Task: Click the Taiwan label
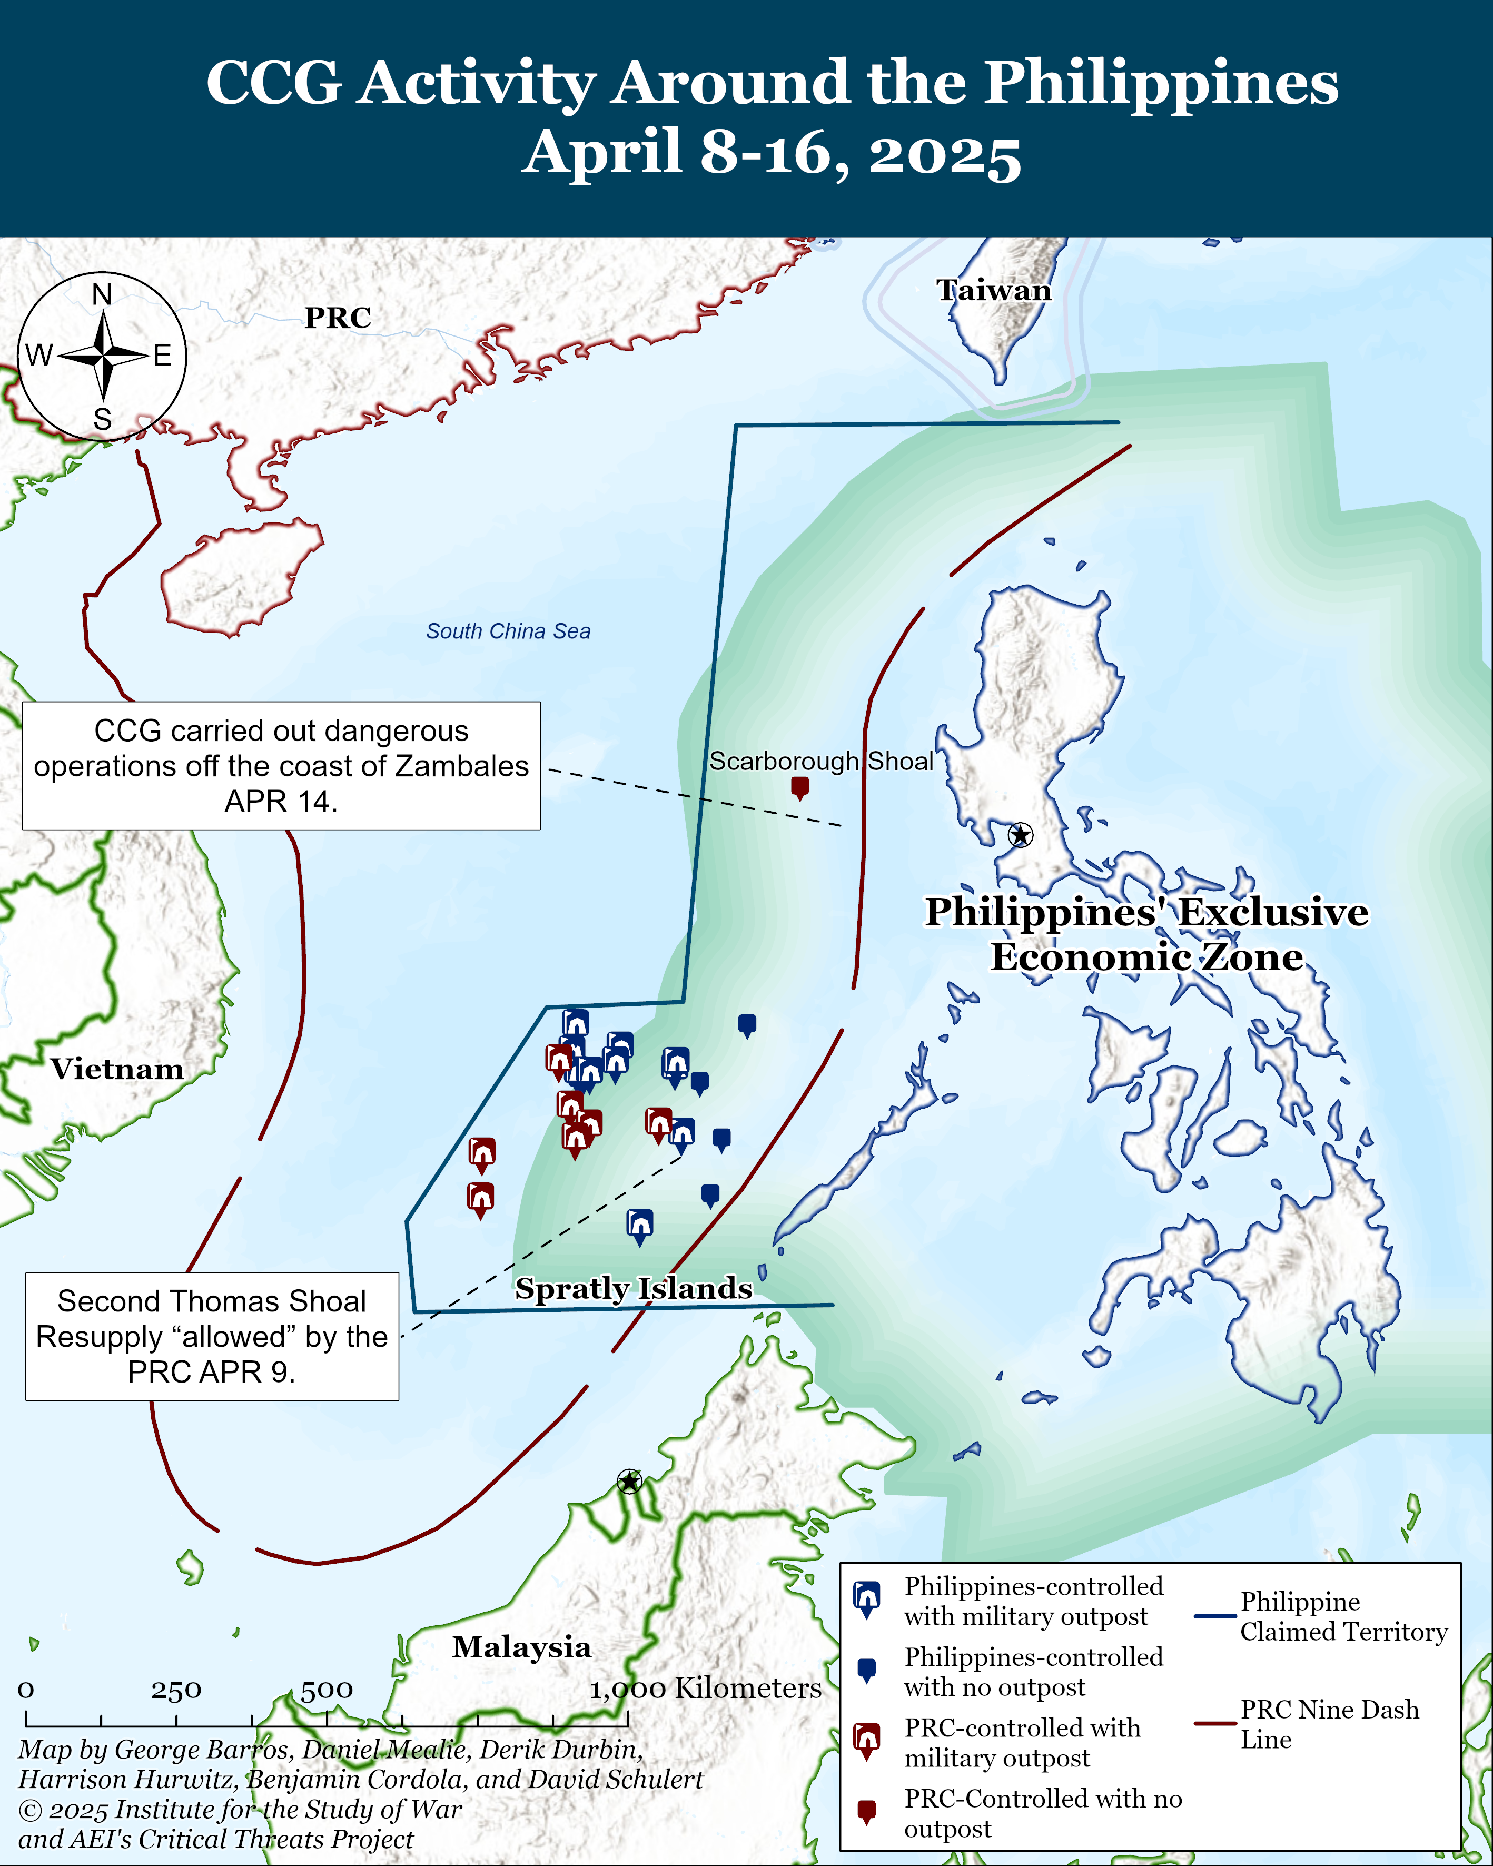[x=994, y=291]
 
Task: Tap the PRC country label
[x=338, y=319]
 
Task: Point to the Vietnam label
[x=117, y=1070]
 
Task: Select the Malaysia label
[x=522, y=1647]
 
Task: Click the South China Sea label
[x=508, y=632]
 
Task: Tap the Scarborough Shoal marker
[x=800, y=787]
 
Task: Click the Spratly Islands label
[x=634, y=1289]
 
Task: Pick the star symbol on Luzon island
[x=1021, y=835]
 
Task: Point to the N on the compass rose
[x=102, y=295]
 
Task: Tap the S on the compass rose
[x=102, y=420]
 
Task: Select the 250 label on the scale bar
[x=176, y=1690]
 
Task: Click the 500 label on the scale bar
[x=327, y=1690]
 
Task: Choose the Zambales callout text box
[x=281, y=766]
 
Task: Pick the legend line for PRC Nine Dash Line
[x=1214, y=1723]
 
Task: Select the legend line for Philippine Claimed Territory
[x=1214, y=1616]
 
